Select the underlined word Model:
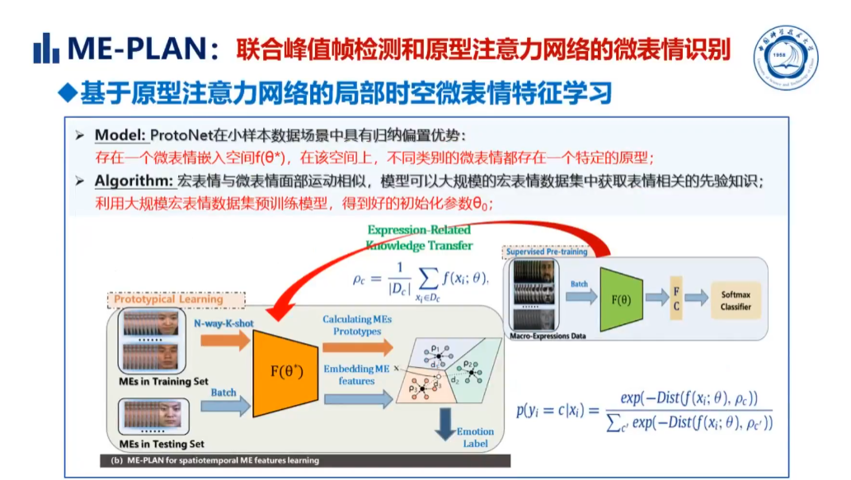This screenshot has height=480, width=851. [x=120, y=135]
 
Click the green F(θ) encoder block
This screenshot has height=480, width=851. [x=620, y=299]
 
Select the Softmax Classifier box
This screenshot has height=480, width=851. [x=736, y=300]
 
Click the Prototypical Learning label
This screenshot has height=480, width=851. [x=168, y=299]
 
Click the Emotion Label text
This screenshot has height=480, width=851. [x=475, y=437]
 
